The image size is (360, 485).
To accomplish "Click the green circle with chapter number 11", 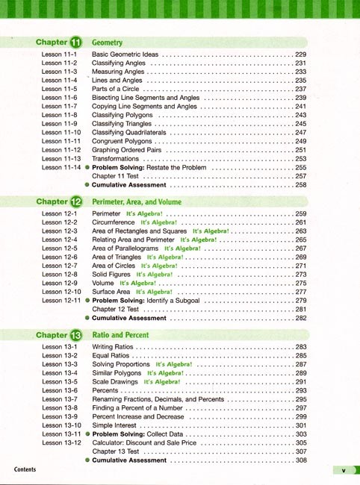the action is [x=76, y=43].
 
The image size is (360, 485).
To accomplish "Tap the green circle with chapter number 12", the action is [x=76, y=201].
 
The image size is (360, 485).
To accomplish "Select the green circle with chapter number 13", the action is [x=76, y=336].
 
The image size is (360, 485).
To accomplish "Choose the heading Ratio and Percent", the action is [x=120, y=336].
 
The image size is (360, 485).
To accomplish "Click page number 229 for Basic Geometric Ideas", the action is [x=301, y=54].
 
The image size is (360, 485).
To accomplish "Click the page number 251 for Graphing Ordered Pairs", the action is [x=301, y=150].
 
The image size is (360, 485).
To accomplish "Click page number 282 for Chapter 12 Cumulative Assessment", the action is [x=301, y=318].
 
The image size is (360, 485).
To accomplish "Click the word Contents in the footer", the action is [x=30, y=469].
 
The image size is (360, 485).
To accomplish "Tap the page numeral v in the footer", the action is [x=343, y=470].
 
